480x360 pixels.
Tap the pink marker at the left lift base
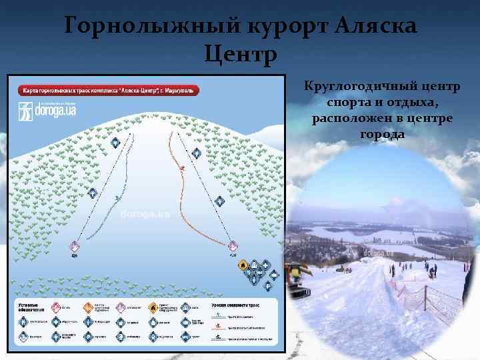tap(75, 247)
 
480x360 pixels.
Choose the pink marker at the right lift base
tap(233, 247)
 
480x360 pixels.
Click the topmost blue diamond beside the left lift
tap(115, 143)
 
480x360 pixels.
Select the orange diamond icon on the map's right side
tap(243, 266)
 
